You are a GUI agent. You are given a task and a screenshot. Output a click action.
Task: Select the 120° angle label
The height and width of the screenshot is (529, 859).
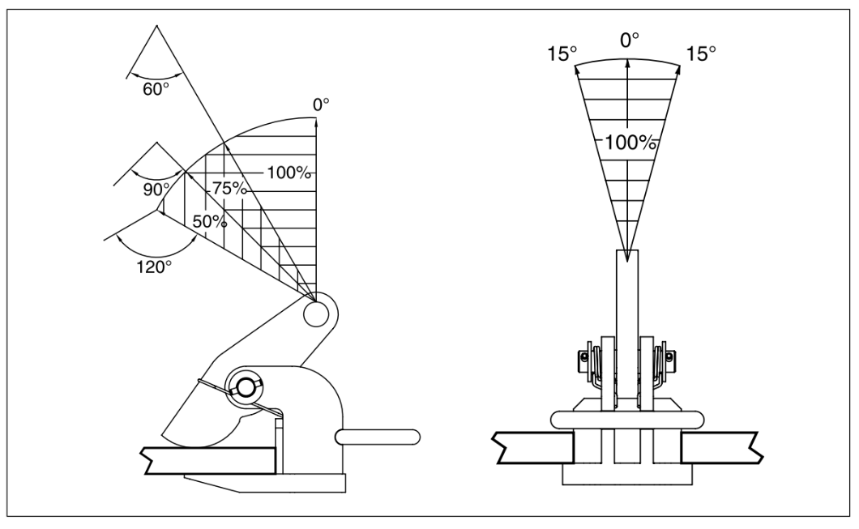154,265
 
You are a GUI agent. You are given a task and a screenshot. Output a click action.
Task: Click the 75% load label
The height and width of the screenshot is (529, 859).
229,187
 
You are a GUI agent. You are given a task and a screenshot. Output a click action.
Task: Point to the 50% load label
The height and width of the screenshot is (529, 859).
210,220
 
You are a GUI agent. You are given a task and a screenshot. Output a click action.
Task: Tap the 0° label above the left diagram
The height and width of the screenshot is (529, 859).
322,105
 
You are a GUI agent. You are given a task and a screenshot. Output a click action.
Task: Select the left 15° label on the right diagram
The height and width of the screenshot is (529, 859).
562,54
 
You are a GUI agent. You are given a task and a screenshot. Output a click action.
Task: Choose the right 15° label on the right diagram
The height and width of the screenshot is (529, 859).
701,54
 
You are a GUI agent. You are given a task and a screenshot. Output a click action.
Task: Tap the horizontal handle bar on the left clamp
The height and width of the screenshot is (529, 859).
378,437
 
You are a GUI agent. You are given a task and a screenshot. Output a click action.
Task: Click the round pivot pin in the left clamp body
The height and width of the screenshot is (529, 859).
243,386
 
